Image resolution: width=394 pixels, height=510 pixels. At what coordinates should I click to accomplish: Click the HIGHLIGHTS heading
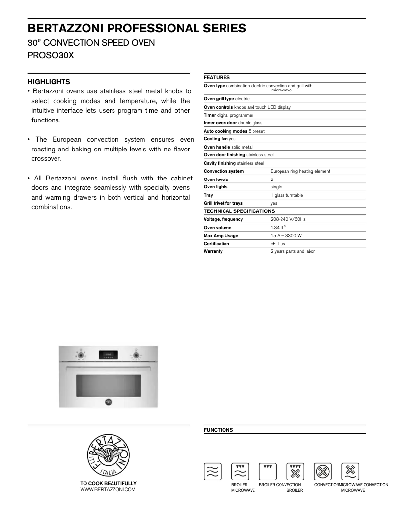49,82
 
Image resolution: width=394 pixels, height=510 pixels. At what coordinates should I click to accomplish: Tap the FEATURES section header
217,77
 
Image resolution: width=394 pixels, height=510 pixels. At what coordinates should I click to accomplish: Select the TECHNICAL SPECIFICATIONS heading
239,211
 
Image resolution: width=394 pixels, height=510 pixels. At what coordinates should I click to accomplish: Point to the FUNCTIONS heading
218,430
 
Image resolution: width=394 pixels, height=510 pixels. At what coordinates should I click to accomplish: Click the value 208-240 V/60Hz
288,219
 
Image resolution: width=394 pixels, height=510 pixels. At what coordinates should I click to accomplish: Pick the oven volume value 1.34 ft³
278,228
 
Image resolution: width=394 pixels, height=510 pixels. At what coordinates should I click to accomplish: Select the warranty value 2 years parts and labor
292,251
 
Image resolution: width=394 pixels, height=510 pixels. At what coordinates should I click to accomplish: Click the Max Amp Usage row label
221,236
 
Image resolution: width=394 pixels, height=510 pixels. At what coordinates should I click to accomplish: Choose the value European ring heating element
300,171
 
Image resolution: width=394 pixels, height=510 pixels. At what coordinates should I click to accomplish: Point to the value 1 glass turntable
286,195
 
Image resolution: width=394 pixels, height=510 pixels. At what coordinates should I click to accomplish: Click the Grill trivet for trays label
223,203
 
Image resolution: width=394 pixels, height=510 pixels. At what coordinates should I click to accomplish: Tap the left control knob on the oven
80,354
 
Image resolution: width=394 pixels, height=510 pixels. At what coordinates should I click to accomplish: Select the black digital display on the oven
108,354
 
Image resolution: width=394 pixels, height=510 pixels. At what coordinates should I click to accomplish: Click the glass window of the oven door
108,385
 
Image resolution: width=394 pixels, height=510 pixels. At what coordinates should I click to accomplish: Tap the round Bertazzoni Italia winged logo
108,455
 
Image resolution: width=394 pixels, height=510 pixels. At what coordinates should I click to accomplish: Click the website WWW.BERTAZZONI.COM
108,490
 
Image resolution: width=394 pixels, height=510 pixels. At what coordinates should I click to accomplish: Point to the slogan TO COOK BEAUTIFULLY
108,483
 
